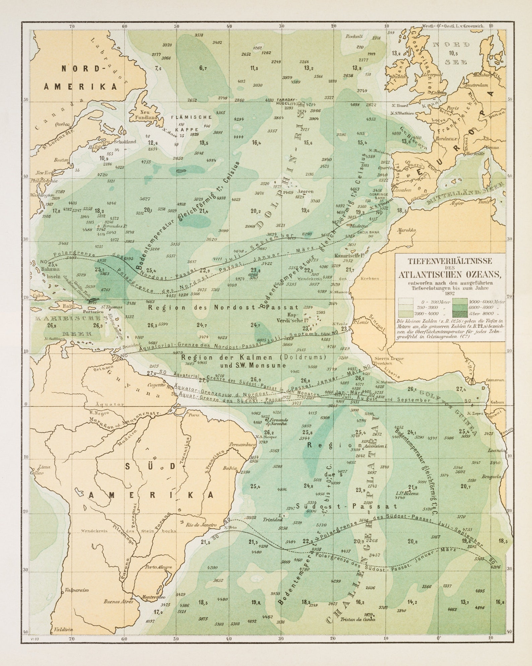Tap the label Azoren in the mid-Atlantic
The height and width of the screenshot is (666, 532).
pos(306,191)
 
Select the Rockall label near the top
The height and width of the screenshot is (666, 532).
pos(354,36)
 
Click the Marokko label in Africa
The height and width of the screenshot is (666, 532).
pos(406,230)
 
